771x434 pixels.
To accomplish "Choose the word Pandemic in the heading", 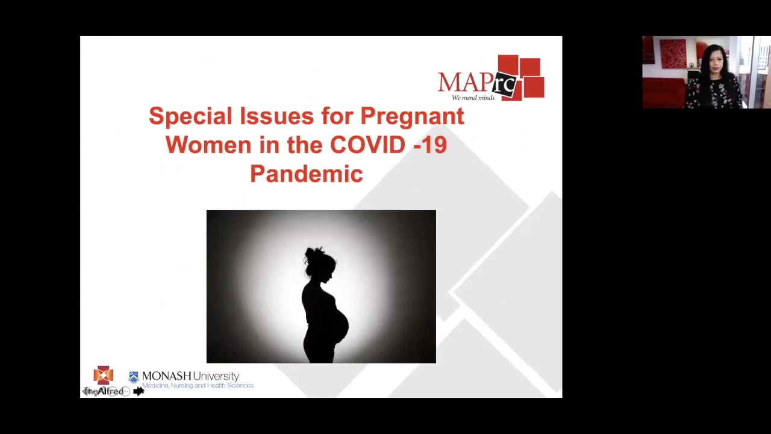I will click(x=306, y=174).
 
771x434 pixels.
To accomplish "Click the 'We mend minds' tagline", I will click(x=473, y=98).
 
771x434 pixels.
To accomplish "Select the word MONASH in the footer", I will click(x=166, y=376).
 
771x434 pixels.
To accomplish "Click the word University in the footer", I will click(x=216, y=376).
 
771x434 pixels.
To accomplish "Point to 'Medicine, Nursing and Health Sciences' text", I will click(x=198, y=386).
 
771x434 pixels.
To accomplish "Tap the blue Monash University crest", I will click(x=134, y=377).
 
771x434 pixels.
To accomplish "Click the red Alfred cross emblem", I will click(x=103, y=375).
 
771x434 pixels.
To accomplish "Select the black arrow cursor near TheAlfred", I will click(x=139, y=391).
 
